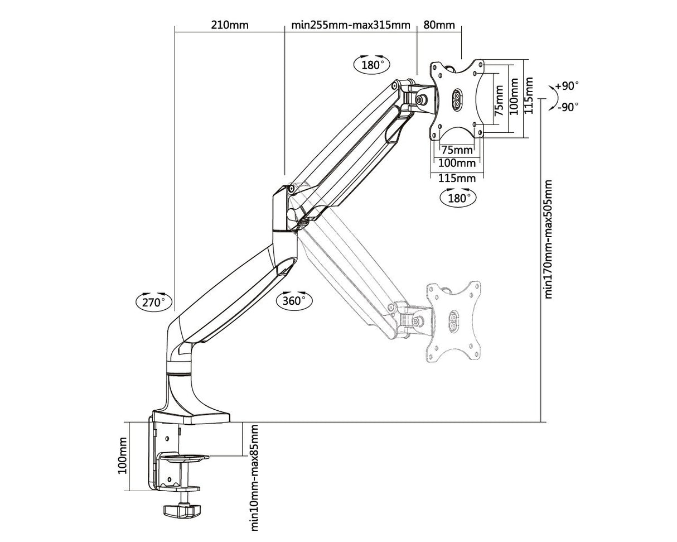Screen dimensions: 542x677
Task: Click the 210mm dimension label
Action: [x=229, y=25]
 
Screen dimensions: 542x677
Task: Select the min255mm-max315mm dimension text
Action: [x=350, y=25]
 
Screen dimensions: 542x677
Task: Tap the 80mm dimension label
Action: [x=439, y=25]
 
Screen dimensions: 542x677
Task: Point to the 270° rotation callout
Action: [x=154, y=302]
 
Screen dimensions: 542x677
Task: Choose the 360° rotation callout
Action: [x=294, y=300]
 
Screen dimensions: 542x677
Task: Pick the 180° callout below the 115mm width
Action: [x=458, y=198]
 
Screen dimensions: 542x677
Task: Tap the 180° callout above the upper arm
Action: [x=372, y=64]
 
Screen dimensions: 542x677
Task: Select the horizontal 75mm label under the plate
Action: [x=456, y=150]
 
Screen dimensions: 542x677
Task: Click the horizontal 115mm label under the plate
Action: [x=457, y=178]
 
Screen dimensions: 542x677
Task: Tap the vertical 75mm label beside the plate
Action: [x=499, y=100]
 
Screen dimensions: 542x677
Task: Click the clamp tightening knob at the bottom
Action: [x=181, y=511]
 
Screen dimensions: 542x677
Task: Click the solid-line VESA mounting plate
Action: [x=457, y=99]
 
